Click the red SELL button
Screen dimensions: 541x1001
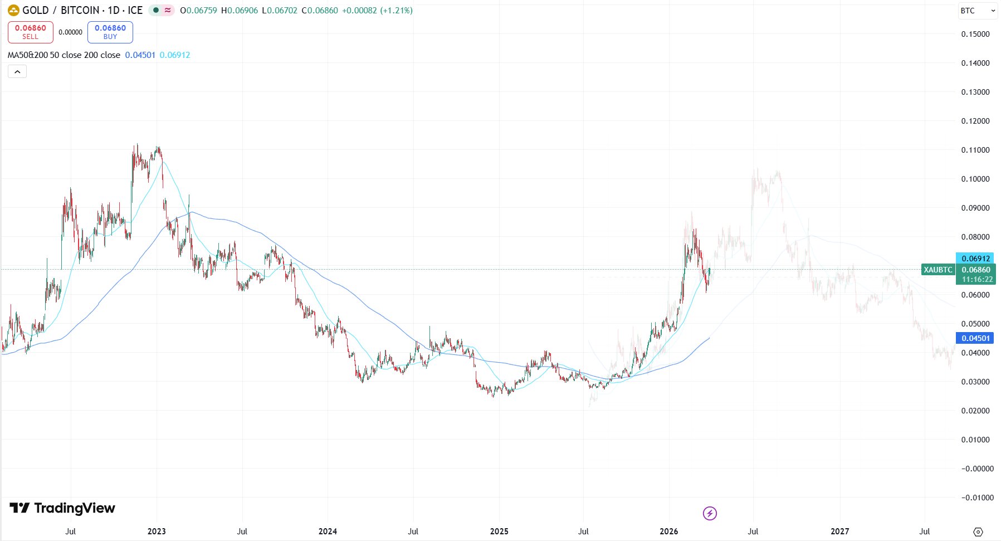coord(31,32)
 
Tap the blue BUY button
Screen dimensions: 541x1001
coord(110,32)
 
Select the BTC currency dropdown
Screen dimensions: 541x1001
coord(978,11)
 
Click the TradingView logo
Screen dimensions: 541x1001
coord(62,508)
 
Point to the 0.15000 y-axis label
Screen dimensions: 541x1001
coord(975,34)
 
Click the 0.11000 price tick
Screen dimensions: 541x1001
coord(975,150)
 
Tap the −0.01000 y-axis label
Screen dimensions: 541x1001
coord(977,498)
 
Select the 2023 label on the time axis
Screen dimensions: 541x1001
coord(157,532)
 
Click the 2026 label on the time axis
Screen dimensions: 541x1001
coord(668,532)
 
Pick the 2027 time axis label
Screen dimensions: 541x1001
coord(839,532)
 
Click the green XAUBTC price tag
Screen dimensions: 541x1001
coord(938,270)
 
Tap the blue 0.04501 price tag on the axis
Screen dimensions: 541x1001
coord(975,338)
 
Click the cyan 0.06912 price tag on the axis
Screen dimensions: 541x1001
coord(975,259)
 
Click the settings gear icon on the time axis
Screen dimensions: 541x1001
coord(978,532)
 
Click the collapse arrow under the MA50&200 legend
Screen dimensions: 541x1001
coord(17,72)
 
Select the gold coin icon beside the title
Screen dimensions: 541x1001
coord(13,11)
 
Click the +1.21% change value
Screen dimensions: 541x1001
coord(396,11)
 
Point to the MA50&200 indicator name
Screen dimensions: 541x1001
coord(28,55)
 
